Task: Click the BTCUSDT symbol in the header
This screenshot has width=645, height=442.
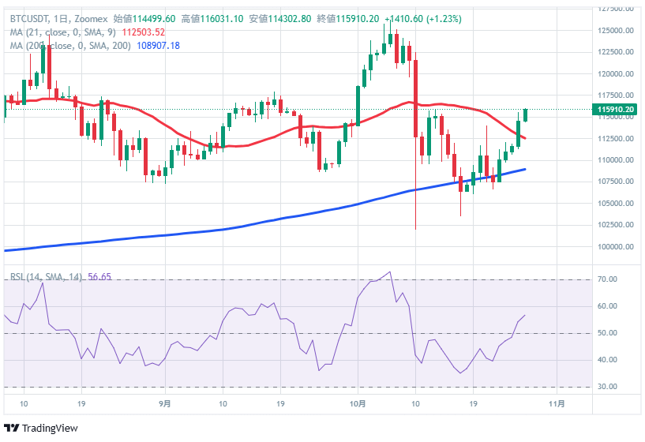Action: click(x=28, y=18)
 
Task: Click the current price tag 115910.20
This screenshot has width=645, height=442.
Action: click(x=616, y=109)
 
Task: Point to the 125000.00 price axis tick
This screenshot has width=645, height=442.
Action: click(x=616, y=31)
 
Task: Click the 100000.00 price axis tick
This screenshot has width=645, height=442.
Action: click(x=616, y=246)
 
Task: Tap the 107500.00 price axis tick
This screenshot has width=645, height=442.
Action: click(x=616, y=182)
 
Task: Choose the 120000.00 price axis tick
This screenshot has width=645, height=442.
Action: click(x=616, y=74)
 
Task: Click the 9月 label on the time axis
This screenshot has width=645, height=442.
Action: click(x=164, y=403)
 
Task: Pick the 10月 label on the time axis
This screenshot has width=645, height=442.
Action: click(x=358, y=403)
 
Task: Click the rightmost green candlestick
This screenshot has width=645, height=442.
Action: click(x=525, y=115)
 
